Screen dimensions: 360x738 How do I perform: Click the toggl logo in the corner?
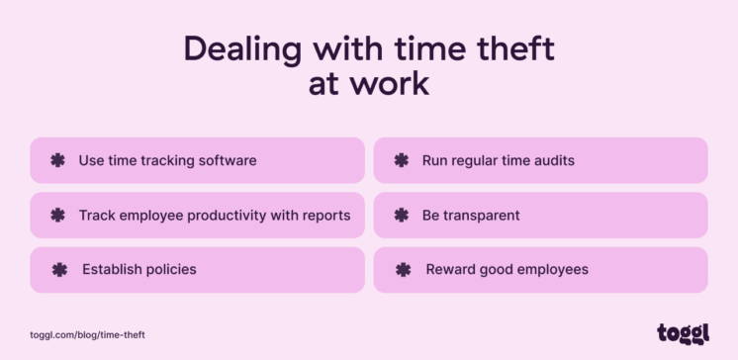tap(683, 333)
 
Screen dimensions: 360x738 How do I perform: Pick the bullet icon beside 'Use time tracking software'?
tap(57, 160)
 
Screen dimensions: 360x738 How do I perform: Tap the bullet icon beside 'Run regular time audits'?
tap(401, 160)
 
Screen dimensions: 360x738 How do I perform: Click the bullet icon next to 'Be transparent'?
tap(401, 215)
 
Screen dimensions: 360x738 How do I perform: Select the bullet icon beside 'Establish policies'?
tap(59, 269)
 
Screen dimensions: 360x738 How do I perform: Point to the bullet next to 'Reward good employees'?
tap(402, 269)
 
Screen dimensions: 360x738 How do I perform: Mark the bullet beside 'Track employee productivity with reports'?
tap(57, 215)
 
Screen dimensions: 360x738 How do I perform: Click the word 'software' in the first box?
tap(228, 160)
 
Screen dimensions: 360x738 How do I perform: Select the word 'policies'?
tap(169, 269)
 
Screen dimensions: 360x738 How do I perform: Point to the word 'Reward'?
tap(451, 269)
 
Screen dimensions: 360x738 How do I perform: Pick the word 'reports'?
tap(326, 215)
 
